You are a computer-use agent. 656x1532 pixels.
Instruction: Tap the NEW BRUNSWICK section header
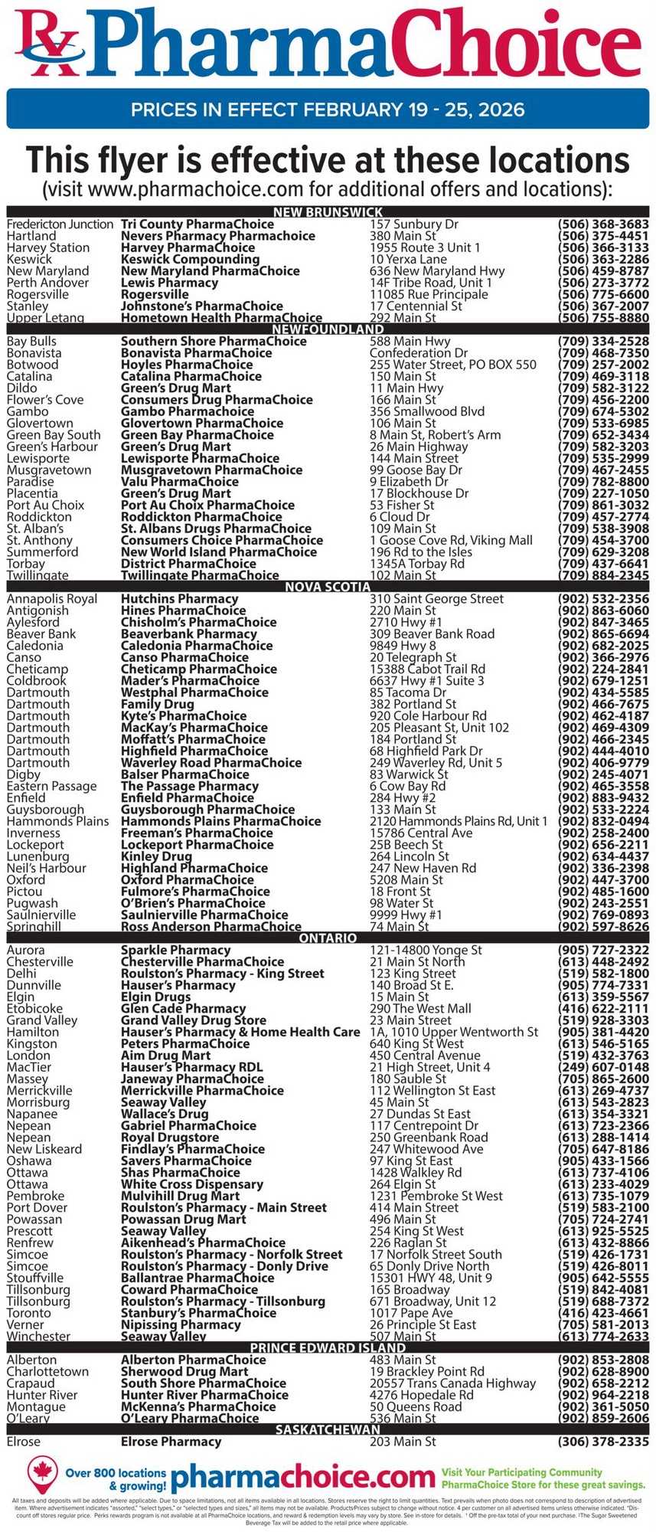(328, 212)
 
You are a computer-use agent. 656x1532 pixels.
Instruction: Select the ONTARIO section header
(328, 938)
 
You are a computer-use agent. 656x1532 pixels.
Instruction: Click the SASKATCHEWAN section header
(328, 1429)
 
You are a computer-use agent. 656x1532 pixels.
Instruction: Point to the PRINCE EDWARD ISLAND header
(328, 1347)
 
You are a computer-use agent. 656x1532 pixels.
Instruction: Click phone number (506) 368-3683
(602, 224)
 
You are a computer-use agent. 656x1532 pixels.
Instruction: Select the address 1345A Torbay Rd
(416, 564)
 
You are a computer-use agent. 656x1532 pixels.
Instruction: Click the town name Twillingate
(38, 575)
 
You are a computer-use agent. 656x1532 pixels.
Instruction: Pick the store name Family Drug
(157, 704)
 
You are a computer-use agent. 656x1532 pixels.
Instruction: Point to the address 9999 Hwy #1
(406, 915)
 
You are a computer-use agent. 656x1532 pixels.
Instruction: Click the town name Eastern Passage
(51, 786)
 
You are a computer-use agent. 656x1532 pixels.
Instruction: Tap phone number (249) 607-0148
(602, 1067)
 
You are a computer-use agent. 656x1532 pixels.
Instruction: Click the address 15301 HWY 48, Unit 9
(430, 1278)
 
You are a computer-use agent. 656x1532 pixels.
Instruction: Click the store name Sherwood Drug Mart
(184, 1371)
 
